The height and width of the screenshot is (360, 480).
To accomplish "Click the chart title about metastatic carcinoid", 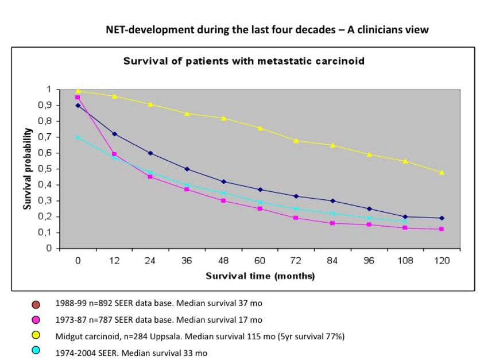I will [243, 61].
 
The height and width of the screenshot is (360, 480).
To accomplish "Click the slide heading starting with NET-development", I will [267, 29].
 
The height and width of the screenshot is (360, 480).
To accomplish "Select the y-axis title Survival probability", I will [27, 169].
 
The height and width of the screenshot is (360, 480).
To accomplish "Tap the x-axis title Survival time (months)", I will [260, 276].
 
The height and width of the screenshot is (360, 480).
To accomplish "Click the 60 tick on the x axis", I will [260, 260].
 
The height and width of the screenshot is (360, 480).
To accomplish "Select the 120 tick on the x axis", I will [442, 260].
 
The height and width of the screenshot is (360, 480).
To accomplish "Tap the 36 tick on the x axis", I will [187, 260].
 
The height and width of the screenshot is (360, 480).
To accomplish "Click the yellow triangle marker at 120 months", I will [442, 172].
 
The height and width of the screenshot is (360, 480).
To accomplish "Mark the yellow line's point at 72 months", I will [296, 140].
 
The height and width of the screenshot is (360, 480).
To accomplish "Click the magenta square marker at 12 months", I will [114, 154].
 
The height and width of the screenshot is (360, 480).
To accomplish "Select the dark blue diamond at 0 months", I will [78, 105].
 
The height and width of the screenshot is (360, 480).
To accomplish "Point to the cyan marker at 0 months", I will [78, 137].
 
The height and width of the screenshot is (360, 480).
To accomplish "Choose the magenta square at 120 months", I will [442, 229].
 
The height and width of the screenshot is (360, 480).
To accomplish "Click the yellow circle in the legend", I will [36, 335].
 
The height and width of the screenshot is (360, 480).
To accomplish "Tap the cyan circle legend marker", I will [36, 351].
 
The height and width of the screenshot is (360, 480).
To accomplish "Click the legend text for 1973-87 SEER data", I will [159, 319].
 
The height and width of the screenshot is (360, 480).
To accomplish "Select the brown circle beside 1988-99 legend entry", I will [36, 304].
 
